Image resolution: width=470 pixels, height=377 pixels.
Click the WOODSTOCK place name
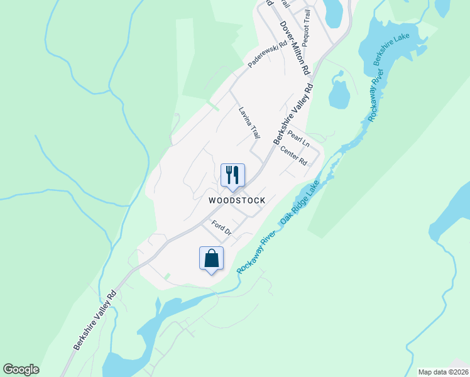(x=238, y=200)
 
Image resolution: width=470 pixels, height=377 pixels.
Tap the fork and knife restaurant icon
(x=232, y=175)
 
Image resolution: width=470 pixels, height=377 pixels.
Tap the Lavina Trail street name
(x=249, y=123)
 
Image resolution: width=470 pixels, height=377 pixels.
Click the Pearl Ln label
(x=298, y=138)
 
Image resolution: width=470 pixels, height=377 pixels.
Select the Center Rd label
(x=293, y=156)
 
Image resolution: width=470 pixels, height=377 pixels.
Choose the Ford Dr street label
(x=222, y=227)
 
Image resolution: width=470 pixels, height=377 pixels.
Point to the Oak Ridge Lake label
(x=300, y=204)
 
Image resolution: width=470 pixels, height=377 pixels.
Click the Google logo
(x=21, y=369)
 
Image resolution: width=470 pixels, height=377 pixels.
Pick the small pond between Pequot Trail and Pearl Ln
(x=339, y=94)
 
